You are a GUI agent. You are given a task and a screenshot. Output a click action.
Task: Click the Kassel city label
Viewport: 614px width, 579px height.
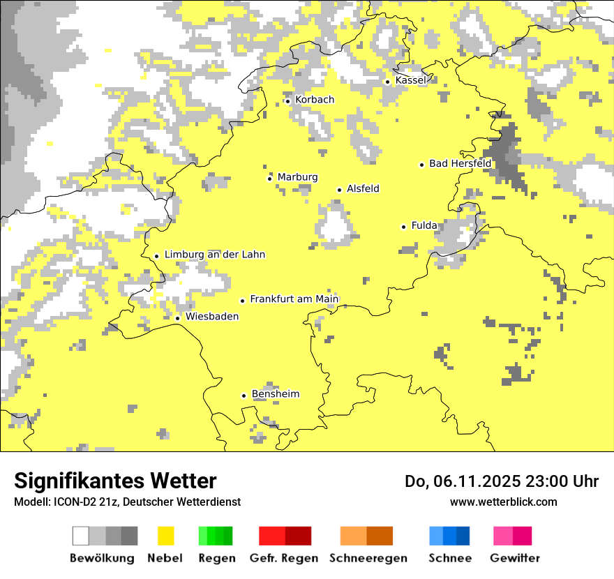click(410, 80)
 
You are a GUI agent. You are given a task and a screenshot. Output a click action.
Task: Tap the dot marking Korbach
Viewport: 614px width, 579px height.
click(287, 101)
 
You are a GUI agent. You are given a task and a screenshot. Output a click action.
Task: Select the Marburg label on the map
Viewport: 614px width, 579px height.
click(297, 177)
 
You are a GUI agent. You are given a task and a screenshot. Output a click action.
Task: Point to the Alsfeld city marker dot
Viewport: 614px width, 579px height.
click(339, 190)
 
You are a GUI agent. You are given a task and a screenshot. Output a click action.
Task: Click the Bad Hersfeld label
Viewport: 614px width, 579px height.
click(460, 163)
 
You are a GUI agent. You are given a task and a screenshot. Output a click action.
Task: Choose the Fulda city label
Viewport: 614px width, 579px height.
click(424, 225)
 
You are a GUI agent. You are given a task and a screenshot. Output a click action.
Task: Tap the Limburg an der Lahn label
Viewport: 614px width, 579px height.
click(214, 255)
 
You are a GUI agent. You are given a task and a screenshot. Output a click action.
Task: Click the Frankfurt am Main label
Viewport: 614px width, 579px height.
click(294, 299)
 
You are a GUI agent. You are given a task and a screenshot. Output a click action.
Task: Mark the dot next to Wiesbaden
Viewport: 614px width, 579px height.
click(177, 318)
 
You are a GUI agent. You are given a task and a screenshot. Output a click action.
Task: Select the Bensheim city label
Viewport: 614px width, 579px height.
click(275, 394)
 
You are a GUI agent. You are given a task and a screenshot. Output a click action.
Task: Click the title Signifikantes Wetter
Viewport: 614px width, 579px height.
click(115, 481)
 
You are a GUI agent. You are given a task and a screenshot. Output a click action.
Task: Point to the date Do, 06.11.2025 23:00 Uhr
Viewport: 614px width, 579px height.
click(501, 481)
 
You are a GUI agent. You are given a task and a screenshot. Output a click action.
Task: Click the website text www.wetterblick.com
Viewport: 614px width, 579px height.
click(503, 502)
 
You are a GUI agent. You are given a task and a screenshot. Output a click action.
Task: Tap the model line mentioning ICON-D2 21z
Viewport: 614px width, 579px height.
click(127, 502)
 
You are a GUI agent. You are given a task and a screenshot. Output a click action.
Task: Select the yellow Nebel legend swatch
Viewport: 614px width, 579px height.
click(165, 536)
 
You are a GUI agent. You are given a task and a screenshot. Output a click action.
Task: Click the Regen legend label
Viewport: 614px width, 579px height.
click(216, 558)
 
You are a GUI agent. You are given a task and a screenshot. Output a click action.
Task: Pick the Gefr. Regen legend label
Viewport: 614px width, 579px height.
click(284, 558)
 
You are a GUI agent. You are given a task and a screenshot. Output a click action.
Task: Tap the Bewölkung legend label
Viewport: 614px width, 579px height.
click(102, 558)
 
